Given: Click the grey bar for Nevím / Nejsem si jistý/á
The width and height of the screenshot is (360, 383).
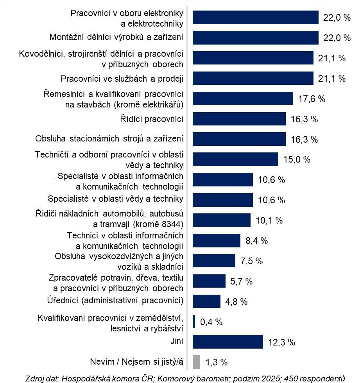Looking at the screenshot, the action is [x=196, y=362].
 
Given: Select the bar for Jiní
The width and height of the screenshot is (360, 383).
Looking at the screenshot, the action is [x=227, y=342].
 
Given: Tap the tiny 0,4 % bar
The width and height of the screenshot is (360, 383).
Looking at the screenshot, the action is [x=194, y=321].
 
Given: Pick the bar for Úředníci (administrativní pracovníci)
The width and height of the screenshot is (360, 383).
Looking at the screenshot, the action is [x=206, y=301].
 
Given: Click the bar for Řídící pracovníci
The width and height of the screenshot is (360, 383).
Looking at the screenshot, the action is [x=239, y=119].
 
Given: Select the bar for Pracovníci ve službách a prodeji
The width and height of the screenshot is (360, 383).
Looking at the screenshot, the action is [x=253, y=78].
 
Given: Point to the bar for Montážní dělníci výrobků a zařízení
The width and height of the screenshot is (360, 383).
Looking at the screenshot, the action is [x=256, y=38].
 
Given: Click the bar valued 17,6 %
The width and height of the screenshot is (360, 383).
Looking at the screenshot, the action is [x=243, y=98].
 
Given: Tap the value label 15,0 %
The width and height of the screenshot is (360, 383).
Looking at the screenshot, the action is [x=297, y=159].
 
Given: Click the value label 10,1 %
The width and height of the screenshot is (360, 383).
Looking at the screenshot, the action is [x=269, y=220].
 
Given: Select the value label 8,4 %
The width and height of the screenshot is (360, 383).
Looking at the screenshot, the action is [x=257, y=241].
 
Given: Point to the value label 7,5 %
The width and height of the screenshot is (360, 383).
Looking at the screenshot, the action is [x=252, y=261].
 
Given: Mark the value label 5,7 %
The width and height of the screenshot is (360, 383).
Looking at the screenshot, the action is [x=241, y=281].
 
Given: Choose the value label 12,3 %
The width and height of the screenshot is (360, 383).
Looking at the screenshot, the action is [x=281, y=342].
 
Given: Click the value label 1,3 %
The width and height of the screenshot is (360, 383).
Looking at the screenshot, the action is [x=217, y=362].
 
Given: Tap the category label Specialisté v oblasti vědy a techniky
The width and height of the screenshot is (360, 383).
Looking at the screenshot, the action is [x=116, y=199].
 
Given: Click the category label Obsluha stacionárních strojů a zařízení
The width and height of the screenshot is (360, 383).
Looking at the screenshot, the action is [x=109, y=138].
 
